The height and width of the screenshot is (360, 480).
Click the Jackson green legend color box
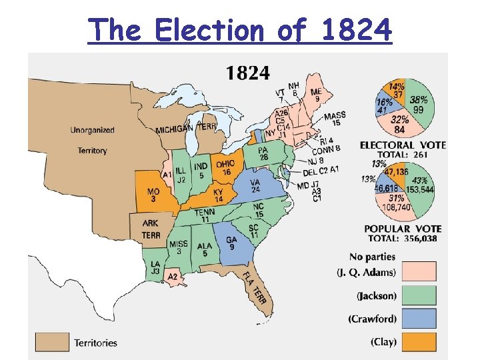419,295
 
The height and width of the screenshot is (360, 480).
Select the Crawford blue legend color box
419,318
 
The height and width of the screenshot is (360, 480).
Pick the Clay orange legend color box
419,341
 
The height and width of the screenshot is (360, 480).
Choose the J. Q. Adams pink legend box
419,271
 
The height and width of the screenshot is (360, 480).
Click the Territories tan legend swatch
52,342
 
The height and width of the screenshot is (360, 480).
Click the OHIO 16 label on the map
225,168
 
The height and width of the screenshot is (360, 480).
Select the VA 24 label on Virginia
255,185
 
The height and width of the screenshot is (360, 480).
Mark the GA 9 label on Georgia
231,244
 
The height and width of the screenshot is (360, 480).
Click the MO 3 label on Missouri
153,195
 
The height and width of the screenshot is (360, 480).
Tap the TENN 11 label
205,215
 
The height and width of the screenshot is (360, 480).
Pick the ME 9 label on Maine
316,95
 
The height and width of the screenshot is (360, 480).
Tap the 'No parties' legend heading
372,256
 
